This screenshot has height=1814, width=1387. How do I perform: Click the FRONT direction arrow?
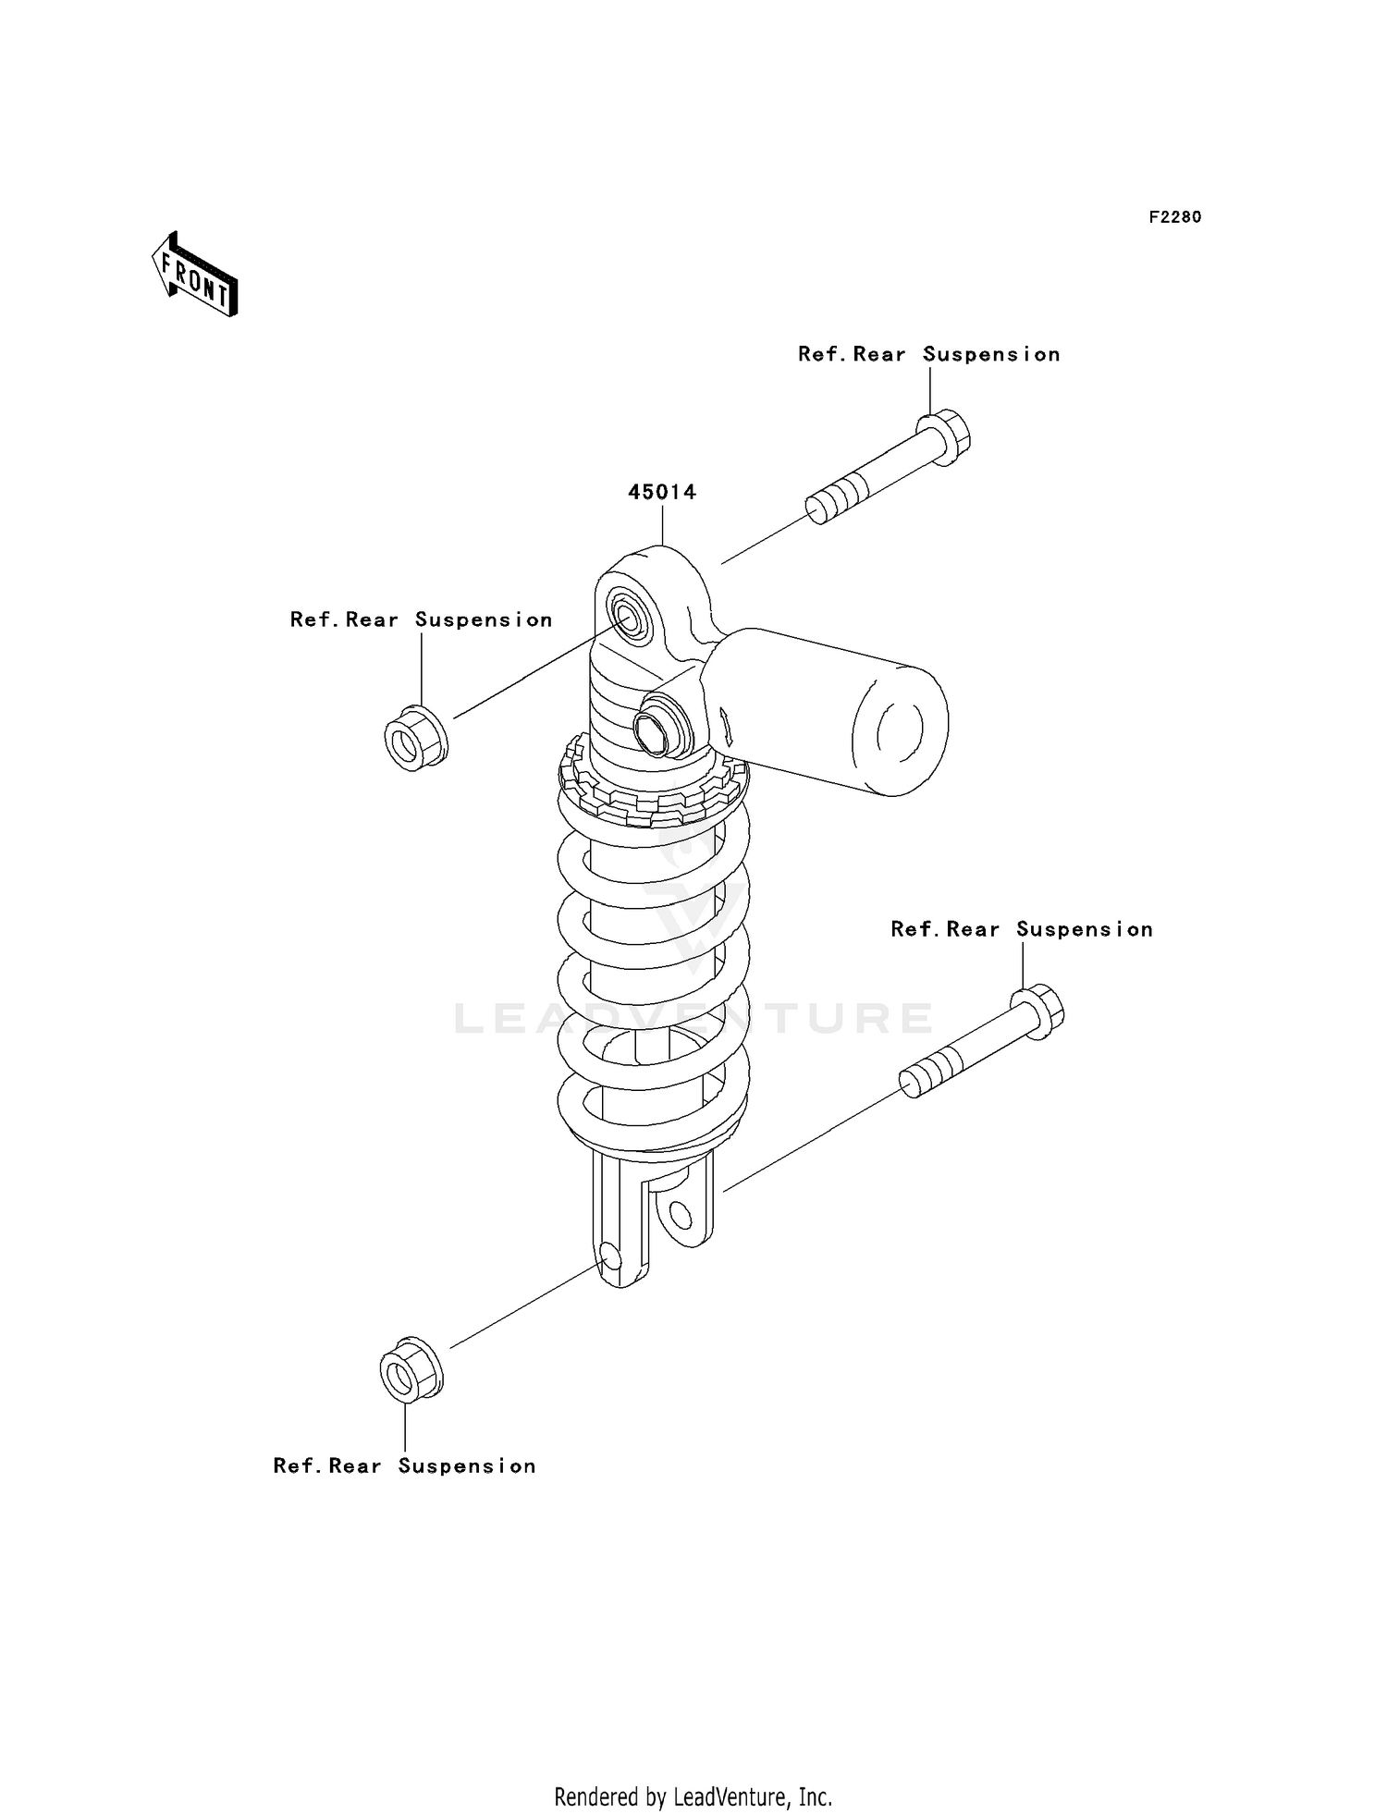coord(195,275)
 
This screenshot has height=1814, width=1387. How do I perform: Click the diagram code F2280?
coord(1174,217)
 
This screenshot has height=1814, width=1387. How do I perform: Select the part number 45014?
coord(662,492)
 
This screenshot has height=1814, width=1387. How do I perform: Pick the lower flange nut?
coord(411,1367)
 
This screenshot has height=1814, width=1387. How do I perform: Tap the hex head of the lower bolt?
coord(1037,1012)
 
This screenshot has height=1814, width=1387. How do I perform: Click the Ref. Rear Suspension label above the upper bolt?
coord(928,354)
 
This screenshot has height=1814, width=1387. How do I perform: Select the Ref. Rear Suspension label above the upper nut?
coord(421,619)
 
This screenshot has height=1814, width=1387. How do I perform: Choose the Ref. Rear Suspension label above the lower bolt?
coord(1022,929)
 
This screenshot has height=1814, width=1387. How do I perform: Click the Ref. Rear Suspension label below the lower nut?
coord(404,1465)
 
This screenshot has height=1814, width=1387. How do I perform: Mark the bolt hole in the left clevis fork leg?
coord(611,1255)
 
